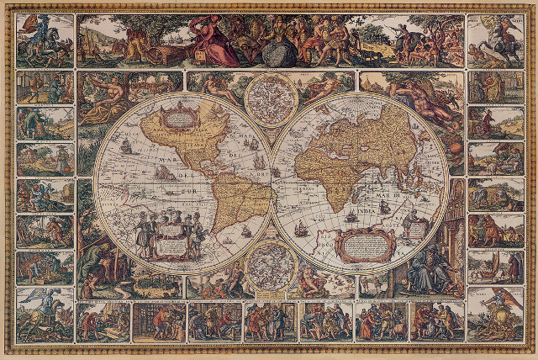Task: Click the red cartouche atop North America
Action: [x=176, y=116]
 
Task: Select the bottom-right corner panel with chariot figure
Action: [x=495, y=315]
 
